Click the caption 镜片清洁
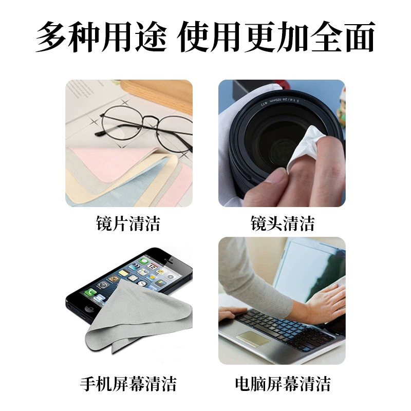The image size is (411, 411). pos(128,223)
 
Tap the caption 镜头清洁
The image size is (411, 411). pos(282,223)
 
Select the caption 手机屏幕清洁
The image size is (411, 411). pos(128,384)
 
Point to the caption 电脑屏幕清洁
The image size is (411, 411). pos(283,384)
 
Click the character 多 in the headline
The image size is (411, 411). pos(51,36)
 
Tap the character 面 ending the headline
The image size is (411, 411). pos(360,36)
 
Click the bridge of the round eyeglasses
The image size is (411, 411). pos(151,120)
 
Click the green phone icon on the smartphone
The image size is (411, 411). pos(90,292)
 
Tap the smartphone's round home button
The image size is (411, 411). pos(90,309)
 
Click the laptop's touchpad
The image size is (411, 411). pos(253,339)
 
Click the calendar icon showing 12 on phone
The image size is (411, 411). pos(152,266)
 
